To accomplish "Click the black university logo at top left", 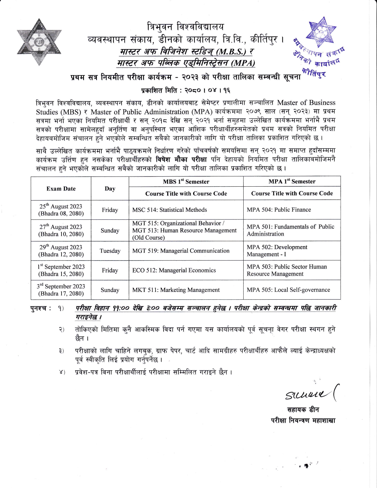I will [39, 42].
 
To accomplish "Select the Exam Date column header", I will [61, 189].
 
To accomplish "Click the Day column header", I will [110, 189].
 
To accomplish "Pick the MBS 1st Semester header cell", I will [186, 182].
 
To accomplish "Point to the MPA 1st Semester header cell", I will [292, 181].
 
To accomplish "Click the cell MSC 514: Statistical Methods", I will [169, 210].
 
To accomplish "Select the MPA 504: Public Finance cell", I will [279, 210].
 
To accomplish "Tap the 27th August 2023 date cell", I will [61, 230].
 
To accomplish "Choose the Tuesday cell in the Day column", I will [110, 251].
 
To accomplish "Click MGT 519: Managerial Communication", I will [181, 251].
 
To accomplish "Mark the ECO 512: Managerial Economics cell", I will [174, 270].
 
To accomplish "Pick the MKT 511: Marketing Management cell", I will [176, 290].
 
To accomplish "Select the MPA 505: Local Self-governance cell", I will [288, 290].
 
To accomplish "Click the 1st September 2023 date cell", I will [61, 270].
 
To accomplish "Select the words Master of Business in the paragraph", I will [306, 103].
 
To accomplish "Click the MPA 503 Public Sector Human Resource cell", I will [287, 270].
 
